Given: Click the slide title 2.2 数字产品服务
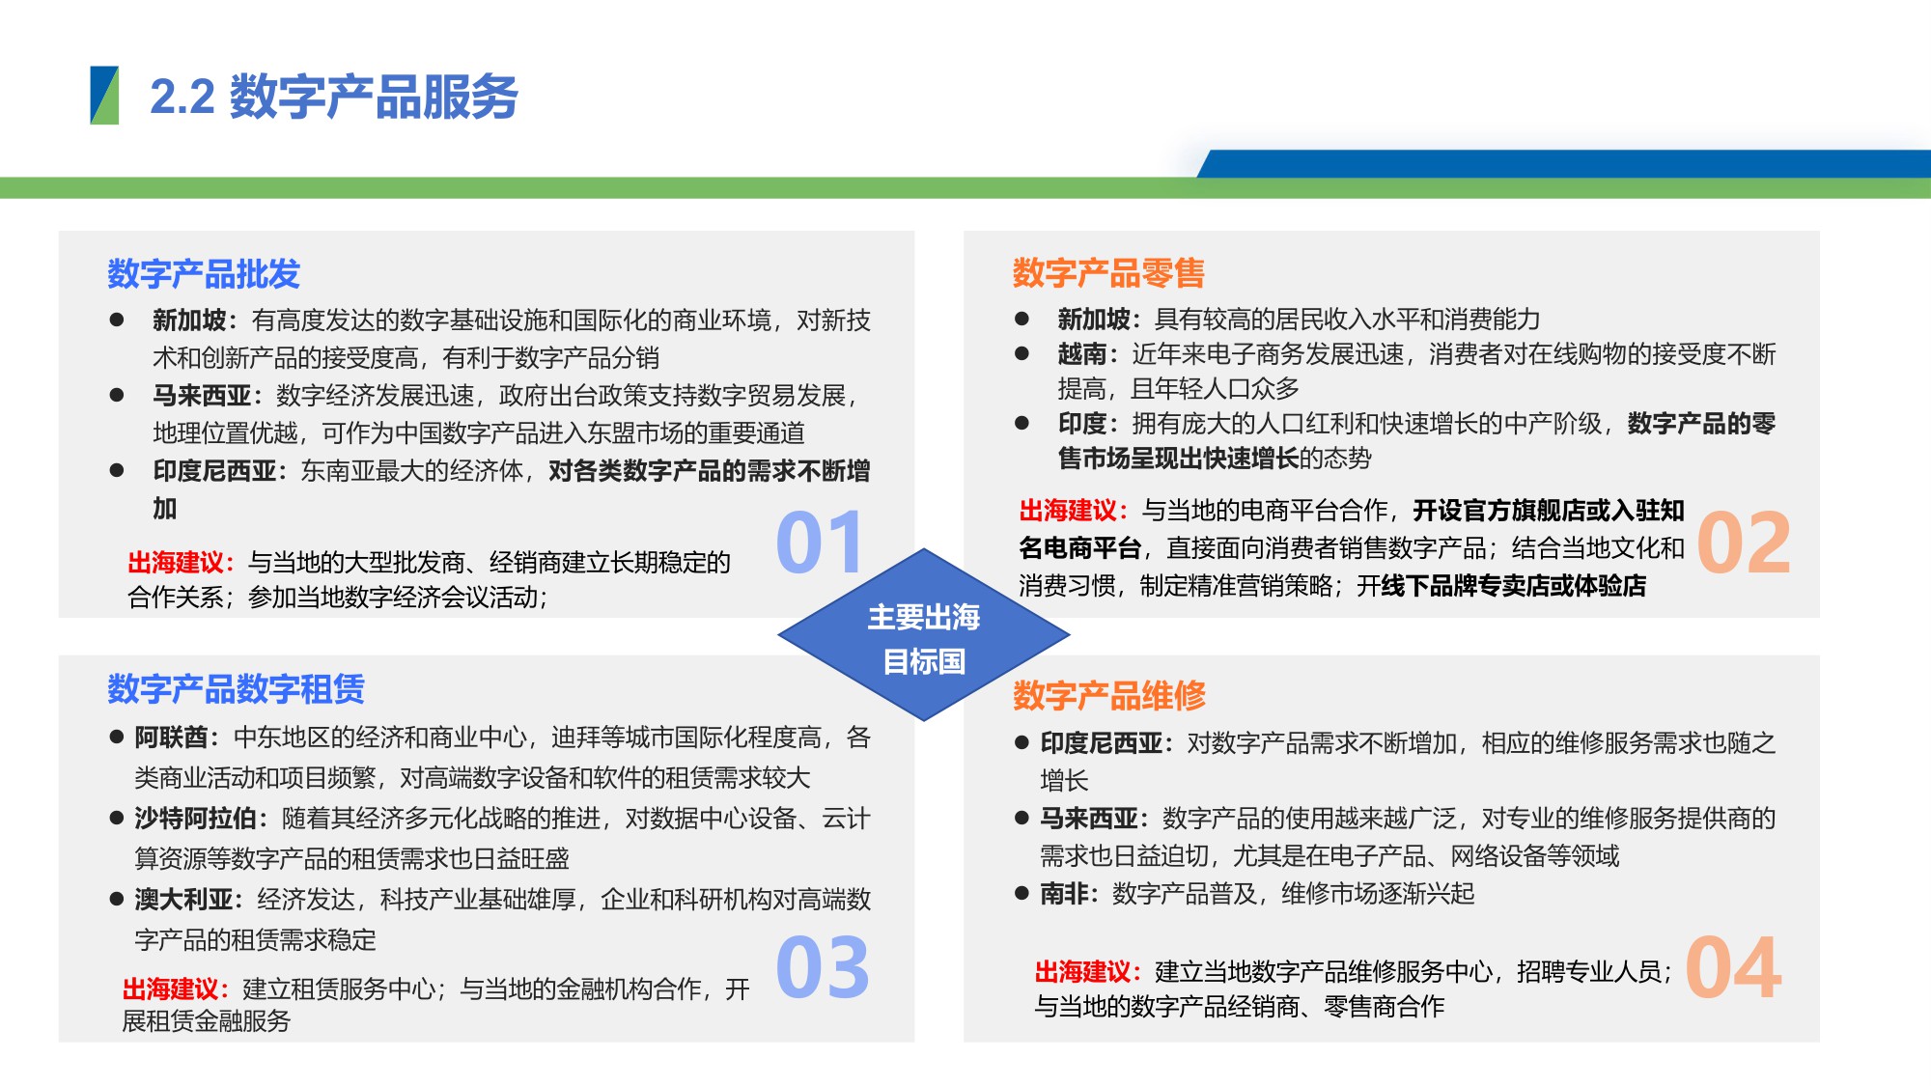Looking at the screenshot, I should pyautogui.click(x=333, y=97).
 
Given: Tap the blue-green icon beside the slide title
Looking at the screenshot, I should pyautogui.click(x=104, y=96).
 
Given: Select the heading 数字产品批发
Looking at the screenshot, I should pyautogui.click(x=204, y=274).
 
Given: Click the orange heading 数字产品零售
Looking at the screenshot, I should pyautogui.click(x=1108, y=273).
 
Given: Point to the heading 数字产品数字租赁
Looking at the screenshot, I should pyautogui.click(x=236, y=689).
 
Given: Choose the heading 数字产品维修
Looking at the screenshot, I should pyautogui.click(x=1109, y=695).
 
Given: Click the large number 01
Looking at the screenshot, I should pyautogui.click(x=819, y=543).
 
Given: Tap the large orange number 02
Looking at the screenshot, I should pyautogui.click(x=1744, y=543).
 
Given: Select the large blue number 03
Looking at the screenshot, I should pyautogui.click(x=822, y=967).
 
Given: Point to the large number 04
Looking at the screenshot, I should pyautogui.click(x=1734, y=967).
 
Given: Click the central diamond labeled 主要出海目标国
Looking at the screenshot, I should pyautogui.click(x=924, y=636).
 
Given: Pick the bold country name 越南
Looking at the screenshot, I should pyautogui.click(x=1081, y=354).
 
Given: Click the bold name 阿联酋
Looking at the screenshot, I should pyautogui.click(x=171, y=738).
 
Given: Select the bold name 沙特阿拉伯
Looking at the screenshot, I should pyautogui.click(x=195, y=819).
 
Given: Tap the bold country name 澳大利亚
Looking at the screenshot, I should pyautogui.click(x=183, y=900).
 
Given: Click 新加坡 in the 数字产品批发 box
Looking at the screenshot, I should pyautogui.click(x=189, y=320).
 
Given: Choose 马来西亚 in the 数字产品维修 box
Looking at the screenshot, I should pyautogui.click(x=1089, y=819).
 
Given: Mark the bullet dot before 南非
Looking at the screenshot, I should pyautogui.click(x=1021, y=894).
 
